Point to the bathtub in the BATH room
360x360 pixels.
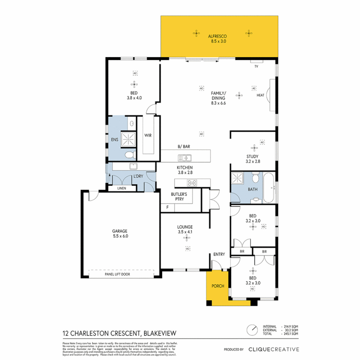point(269,187)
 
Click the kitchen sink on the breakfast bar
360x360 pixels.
point(184,158)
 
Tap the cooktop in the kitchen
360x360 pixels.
point(192,182)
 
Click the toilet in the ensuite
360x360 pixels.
point(129,155)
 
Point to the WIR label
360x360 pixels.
point(148,135)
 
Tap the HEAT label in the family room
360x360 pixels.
point(260,95)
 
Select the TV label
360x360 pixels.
point(256,67)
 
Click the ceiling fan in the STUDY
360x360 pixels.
point(254,148)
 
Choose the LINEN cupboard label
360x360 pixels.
point(122,188)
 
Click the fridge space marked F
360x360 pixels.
point(167,208)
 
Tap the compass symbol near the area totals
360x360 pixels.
point(252,330)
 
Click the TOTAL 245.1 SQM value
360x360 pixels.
point(291,334)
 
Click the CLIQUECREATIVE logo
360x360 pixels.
point(274,349)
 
